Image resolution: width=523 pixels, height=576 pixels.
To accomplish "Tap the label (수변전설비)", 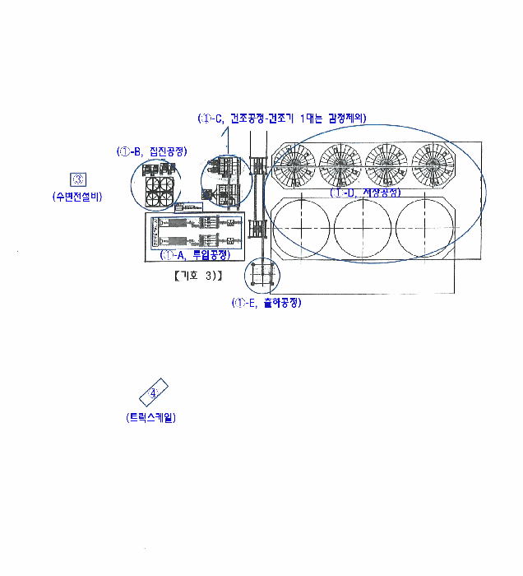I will pos(76,197).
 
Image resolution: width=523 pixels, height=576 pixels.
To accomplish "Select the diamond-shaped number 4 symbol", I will pos(153,392).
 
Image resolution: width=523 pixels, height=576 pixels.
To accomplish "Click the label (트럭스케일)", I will pos(151,417).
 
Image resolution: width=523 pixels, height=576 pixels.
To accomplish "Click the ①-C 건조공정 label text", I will pos(282,118).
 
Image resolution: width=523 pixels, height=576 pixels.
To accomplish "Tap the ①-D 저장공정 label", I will pos(365,193).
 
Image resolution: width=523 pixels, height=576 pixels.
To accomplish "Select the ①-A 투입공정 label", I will pos(195,255).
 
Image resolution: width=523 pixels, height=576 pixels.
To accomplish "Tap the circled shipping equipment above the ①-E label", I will pos(263,275).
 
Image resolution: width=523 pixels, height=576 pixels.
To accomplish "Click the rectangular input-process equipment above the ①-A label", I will pos(195,231).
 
